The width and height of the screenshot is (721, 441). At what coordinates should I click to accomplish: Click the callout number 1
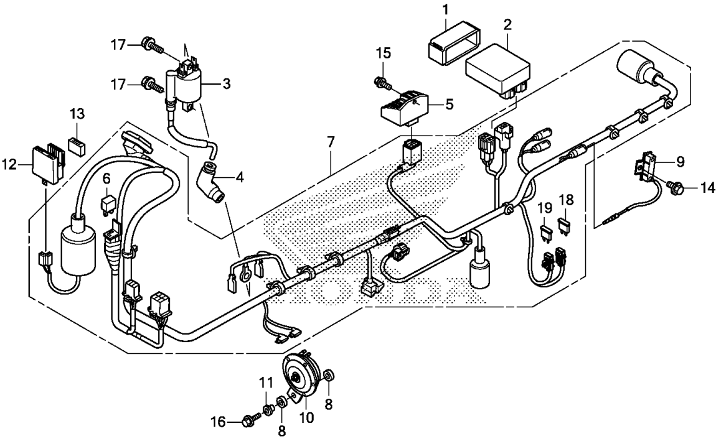click(445, 9)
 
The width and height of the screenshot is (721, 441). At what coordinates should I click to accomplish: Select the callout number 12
click(10, 163)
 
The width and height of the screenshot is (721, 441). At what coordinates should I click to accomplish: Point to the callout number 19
click(545, 208)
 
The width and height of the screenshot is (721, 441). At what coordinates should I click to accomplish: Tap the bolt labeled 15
click(382, 83)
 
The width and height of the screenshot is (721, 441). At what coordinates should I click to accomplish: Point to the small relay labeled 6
click(106, 203)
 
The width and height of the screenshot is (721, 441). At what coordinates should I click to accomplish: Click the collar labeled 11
click(267, 408)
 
